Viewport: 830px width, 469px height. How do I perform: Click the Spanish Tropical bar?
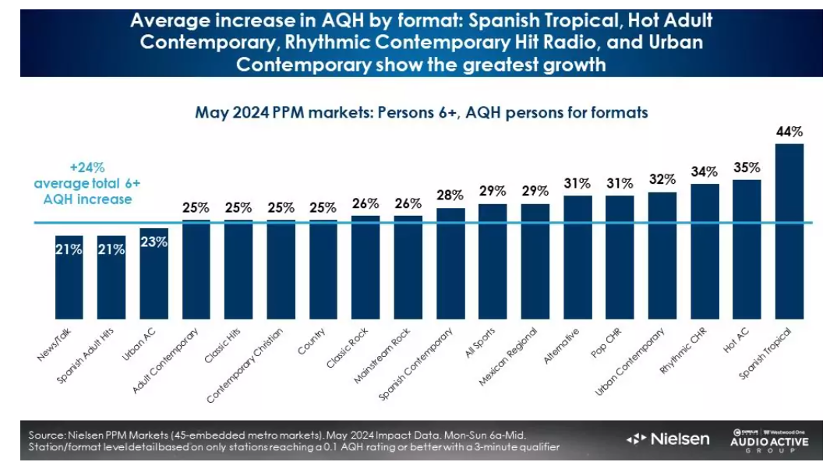pos(789,231)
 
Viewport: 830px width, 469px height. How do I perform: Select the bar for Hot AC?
pos(747,249)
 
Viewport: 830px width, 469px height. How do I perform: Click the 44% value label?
pos(789,132)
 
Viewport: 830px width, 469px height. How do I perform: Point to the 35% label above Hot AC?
pos(747,167)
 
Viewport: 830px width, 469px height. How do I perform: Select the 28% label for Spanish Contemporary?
pos(450,196)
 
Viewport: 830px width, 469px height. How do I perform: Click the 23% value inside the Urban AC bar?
pos(154,242)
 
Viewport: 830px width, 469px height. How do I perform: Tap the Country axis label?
pos(312,343)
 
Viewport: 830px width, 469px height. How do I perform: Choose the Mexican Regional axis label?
pos(510,354)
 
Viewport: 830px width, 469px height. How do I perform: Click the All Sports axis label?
pos(480,344)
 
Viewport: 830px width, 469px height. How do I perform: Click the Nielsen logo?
pos(668,439)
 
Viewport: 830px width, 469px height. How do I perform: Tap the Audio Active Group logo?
pos(770,439)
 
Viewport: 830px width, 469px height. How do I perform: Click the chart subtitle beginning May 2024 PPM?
pos(421,112)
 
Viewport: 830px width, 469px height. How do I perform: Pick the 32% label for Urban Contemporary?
pos(662,179)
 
